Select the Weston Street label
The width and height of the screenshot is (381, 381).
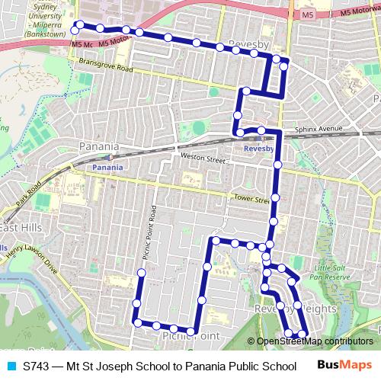click(202, 159)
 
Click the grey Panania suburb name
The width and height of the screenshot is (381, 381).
click(99, 146)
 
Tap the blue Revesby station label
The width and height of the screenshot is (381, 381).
click(258, 150)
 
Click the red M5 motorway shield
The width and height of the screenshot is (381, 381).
click(307, 14)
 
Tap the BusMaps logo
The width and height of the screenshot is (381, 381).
click(341, 366)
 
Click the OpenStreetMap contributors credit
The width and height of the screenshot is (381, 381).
click(314, 341)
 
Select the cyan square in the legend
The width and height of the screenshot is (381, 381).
click(11, 366)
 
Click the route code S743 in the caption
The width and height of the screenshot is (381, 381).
click(37, 366)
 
